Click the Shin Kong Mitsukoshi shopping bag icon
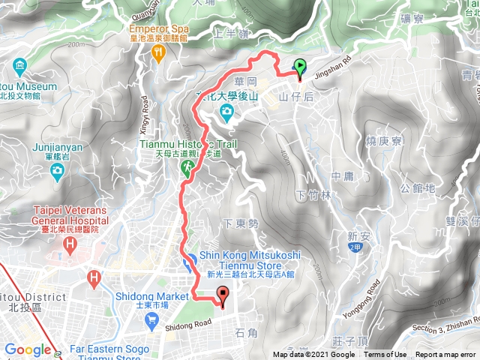189,259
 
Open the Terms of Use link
385,355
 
